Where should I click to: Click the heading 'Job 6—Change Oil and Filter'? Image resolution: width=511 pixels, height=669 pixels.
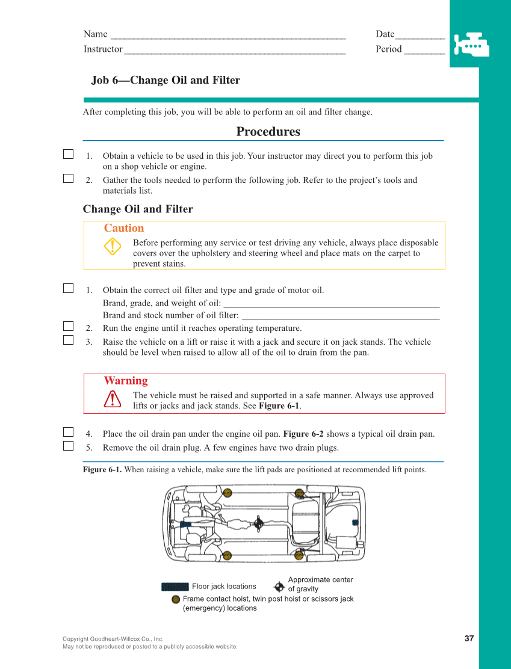pyautogui.click(x=166, y=81)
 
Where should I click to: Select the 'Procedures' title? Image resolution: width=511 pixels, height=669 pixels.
pyautogui.click(x=268, y=132)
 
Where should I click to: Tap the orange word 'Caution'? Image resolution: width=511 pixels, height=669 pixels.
pyautogui.click(x=124, y=228)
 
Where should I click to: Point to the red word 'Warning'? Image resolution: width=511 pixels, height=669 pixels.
pyautogui.click(x=125, y=381)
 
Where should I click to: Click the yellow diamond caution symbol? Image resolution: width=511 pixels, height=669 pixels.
pyautogui.click(x=113, y=247)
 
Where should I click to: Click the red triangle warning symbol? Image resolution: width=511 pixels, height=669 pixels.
pyautogui.click(x=113, y=399)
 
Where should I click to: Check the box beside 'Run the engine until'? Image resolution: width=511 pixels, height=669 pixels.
pyautogui.click(x=68, y=327)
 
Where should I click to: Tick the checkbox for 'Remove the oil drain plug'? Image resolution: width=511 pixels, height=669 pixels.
pyautogui.click(x=68, y=446)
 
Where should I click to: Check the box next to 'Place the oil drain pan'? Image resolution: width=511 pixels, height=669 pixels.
pyautogui.click(x=68, y=432)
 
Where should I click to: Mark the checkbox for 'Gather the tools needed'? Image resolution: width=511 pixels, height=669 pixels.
pyautogui.click(x=68, y=178)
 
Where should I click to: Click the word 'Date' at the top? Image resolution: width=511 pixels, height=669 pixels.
pyautogui.click(x=385, y=34)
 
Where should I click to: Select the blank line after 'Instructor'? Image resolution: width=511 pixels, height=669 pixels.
pyautogui.click(x=235, y=50)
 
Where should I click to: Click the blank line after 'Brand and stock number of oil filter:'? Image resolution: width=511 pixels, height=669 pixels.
pyautogui.click(x=340, y=316)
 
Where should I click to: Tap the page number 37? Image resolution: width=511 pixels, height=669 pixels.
pyautogui.click(x=469, y=638)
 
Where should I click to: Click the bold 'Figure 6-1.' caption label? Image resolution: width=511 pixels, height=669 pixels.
pyautogui.click(x=102, y=470)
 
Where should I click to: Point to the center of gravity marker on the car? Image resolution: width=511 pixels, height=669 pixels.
pyautogui.click(x=258, y=523)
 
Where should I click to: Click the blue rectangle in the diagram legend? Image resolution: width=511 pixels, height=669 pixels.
pyautogui.click(x=175, y=587)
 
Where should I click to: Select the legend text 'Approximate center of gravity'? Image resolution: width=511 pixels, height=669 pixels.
pyautogui.click(x=320, y=584)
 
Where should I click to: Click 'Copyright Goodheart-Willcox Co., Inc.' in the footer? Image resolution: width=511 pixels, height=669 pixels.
pyautogui.click(x=113, y=639)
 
